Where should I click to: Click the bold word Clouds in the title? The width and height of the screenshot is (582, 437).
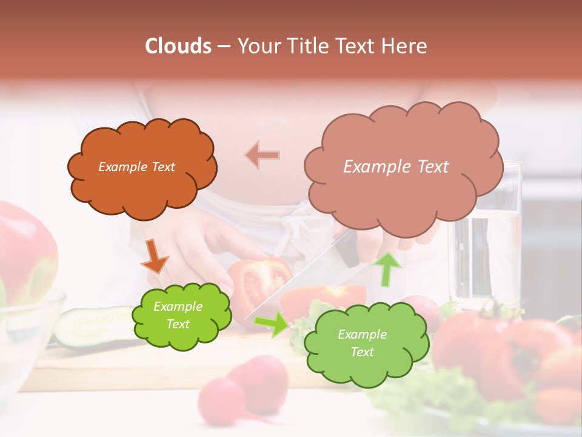point(178,46)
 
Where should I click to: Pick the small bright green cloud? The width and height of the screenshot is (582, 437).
point(181,316)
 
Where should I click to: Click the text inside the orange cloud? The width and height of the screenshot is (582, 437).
point(136,167)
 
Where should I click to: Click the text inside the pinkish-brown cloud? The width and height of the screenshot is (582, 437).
point(396,167)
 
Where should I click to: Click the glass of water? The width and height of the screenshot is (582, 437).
point(485,243)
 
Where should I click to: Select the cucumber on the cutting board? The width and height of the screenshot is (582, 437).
point(91,325)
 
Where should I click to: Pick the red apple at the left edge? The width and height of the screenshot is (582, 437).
point(24,249)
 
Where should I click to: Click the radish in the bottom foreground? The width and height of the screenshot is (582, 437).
point(249,388)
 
